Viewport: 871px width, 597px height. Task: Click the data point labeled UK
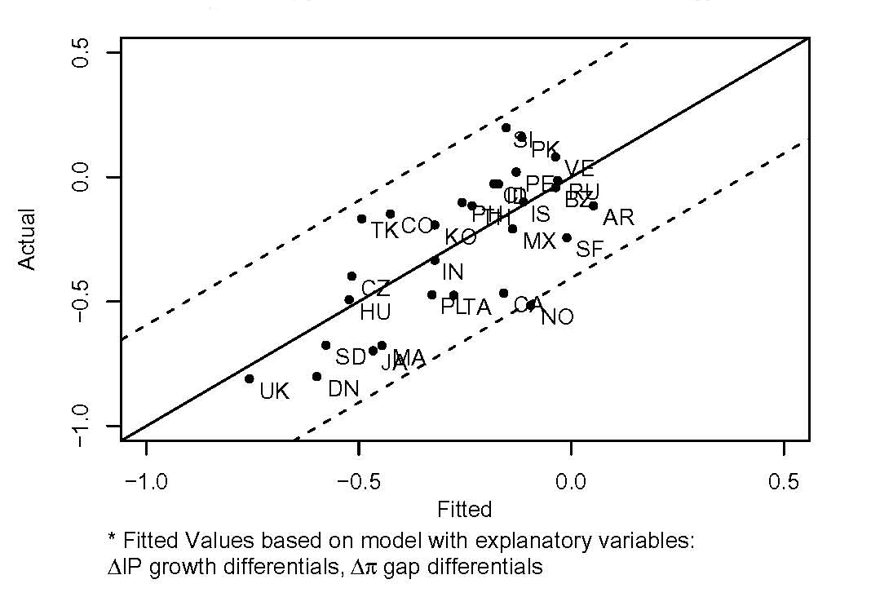pyautogui.click(x=250, y=378)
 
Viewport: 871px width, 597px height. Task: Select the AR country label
pyautogui.click(x=618, y=218)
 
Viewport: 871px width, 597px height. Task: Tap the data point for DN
pyautogui.click(x=316, y=376)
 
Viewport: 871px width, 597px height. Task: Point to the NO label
pyautogui.click(x=557, y=317)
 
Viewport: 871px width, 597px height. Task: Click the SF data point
pyautogui.click(x=567, y=237)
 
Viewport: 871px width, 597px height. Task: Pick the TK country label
pyautogui.click(x=384, y=231)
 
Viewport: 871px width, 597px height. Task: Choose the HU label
pyautogui.click(x=375, y=312)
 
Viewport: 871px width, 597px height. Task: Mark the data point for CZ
pyautogui.click(x=351, y=276)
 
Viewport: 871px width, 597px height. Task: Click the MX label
pyautogui.click(x=539, y=241)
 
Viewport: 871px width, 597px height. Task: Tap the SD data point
pyautogui.click(x=325, y=345)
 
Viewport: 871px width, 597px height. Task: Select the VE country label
pyautogui.click(x=579, y=169)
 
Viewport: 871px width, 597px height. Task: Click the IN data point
pyautogui.click(x=435, y=260)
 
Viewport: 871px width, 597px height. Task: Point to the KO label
pyautogui.click(x=461, y=237)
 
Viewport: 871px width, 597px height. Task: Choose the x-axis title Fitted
pyautogui.click(x=465, y=511)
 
